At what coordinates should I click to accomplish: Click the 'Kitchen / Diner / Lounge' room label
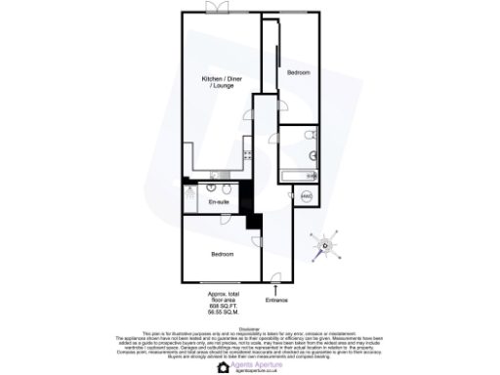click(x=218, y=83)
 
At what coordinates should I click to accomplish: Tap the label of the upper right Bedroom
click(x=298, y=73)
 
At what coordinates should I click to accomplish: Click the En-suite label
click(x=219, y=202)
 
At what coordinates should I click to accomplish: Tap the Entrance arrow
click(x=277, y=288)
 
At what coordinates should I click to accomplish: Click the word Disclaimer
click(x=250, y=329)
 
